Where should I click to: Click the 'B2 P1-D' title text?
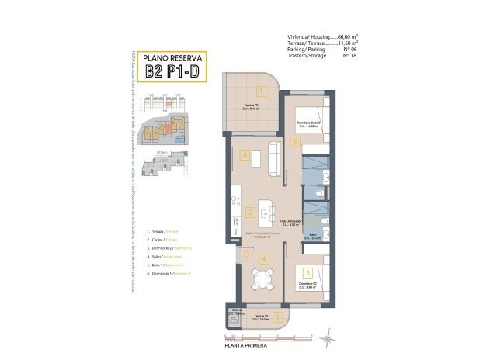pos(175,72)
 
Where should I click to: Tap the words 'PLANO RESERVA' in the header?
pos(175,57)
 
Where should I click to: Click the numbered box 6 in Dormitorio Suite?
pos(296,142)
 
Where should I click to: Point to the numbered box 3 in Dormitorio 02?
pos(308,273)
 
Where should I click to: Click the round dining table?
pos(261,279)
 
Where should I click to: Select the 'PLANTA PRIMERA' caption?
pos(247,347)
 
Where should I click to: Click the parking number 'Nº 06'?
pos(349,49)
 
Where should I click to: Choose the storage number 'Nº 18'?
pos(349,55)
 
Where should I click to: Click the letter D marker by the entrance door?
pos(245,254)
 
